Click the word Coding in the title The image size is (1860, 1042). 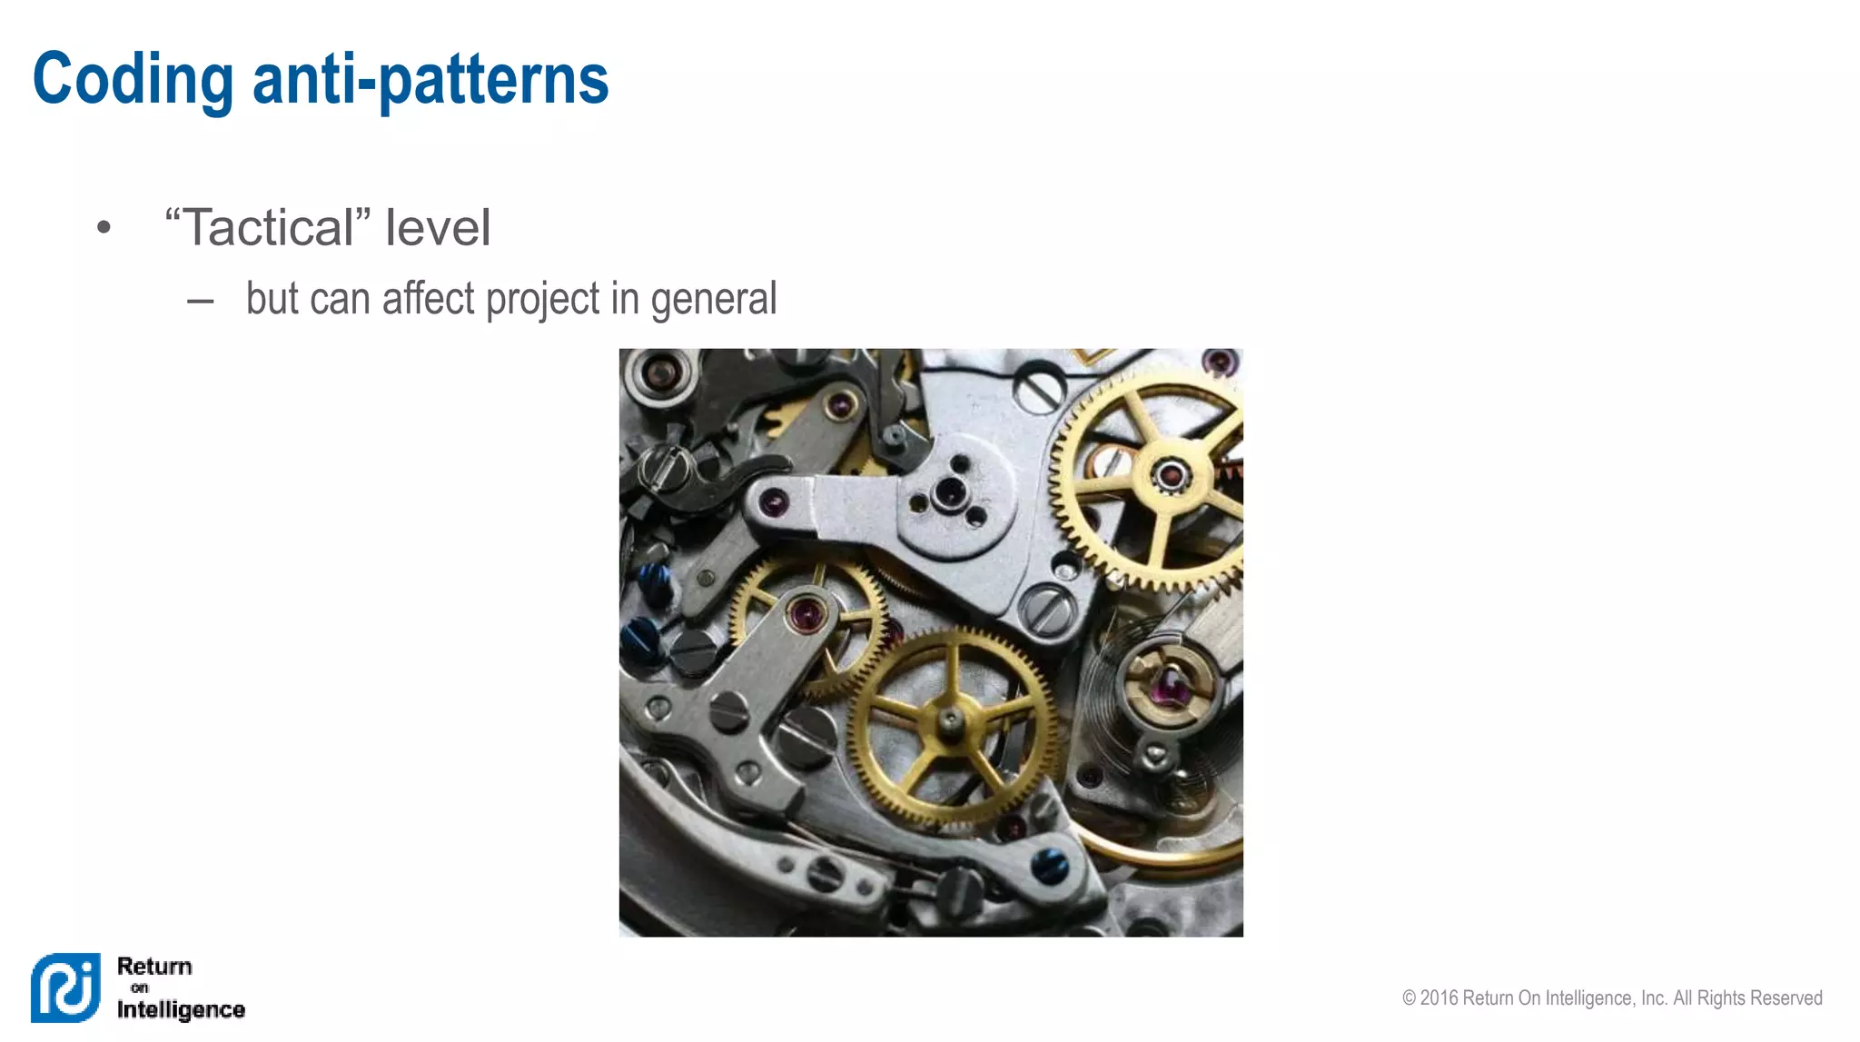133,80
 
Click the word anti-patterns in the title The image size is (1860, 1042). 430,80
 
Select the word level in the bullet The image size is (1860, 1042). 437,227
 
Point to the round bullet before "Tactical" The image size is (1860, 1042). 104,228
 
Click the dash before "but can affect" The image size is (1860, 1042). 200,301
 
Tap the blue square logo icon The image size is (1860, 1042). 65,987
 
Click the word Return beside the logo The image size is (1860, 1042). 154,966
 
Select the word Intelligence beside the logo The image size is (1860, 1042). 181,1009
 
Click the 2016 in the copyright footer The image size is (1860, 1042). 1439,997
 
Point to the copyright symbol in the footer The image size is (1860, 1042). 1409,997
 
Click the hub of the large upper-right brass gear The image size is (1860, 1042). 1170,473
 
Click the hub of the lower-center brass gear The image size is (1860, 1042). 951,720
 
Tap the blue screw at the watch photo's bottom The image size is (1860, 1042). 1050,866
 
